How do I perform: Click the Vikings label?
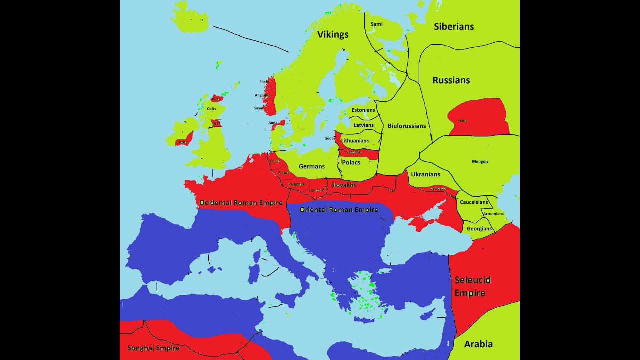333,34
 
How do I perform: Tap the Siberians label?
454,27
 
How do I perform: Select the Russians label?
451,80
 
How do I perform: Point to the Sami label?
376,24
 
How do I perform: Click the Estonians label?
363,110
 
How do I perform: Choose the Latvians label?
363,125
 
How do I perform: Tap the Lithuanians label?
355,141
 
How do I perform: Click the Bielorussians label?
407,126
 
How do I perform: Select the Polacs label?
351,162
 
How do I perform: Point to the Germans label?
312,166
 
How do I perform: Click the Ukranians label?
425,174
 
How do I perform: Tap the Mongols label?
480,161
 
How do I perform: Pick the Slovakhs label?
344,185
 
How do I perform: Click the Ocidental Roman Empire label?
241,203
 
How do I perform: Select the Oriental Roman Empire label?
339,210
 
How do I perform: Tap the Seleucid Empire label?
472,286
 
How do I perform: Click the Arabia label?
478,344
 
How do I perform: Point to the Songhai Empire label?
153,348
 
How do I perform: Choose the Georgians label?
479,229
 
